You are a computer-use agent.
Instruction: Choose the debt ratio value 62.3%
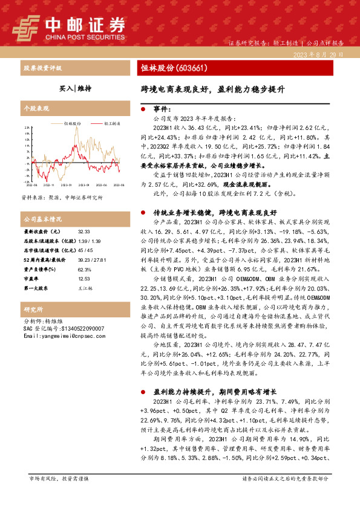[84, 269]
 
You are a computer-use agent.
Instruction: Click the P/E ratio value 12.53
[83, 278]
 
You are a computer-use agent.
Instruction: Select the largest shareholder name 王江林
[83, 287]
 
